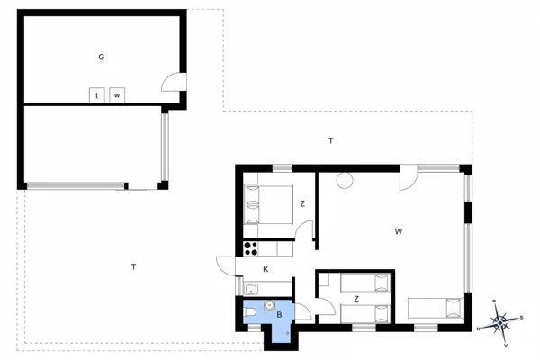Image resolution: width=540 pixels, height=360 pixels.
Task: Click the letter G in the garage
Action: [x=102, y=57]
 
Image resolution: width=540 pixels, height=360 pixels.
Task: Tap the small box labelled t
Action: [x=96, y=94]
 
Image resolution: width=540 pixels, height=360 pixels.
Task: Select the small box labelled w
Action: [x=117, y=94]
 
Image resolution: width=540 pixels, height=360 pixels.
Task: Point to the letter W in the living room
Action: [x=398, y=231]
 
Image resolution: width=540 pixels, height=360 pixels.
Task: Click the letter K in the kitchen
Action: [x=265, y=269]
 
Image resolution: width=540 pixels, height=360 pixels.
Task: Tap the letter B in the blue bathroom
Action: [x=280, y=315]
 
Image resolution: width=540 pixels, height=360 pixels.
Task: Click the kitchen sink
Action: [x=252, y=289]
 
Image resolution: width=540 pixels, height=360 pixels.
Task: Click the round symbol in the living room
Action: [x=344, y=181]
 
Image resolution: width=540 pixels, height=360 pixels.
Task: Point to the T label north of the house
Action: [x=331, y=141]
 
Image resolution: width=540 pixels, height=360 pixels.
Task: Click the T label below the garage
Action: [x=133, y=266]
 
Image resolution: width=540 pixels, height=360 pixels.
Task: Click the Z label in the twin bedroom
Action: [x=356, y=298]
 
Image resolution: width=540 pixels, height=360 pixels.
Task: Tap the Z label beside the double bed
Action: [x=302, y=204]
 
